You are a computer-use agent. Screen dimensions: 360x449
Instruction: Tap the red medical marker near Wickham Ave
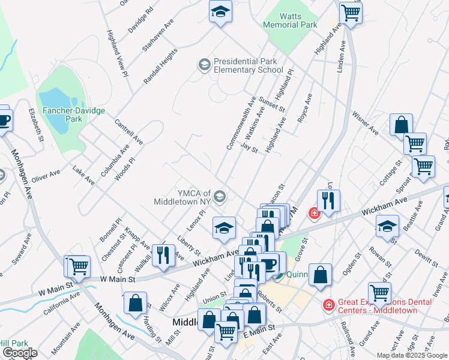(313, 212)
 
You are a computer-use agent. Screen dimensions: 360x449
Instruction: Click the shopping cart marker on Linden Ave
(351, 13)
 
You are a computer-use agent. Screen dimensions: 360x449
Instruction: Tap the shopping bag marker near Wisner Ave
(401, 125)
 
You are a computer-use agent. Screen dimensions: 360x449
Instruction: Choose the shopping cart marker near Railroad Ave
(379, 293)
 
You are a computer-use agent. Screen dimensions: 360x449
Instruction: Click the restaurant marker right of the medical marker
(328, 200)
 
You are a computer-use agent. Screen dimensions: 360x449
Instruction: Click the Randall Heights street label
(160, 66)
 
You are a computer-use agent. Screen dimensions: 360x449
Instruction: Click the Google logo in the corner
(20, 353)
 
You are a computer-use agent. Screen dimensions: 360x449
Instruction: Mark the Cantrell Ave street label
(128, 131)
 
